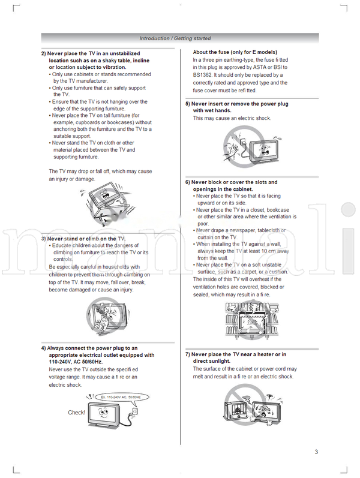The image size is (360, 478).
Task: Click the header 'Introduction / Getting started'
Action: [175, 38]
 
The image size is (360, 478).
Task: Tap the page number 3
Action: [316, 452]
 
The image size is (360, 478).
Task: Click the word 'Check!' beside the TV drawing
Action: [77, 413]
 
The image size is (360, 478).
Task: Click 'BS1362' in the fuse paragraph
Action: [203, 76]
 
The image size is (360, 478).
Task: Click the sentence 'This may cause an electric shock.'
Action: [232, 119]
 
